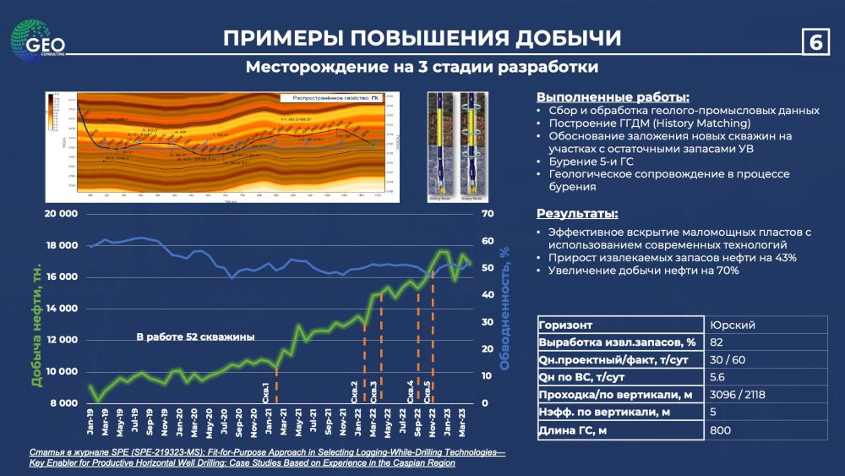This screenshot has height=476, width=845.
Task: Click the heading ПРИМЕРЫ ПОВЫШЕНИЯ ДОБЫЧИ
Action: (x=422, y=38)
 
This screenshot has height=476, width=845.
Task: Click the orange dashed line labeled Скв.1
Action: (x=277, y=385)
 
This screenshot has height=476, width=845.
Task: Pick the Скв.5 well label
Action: (x=428, y=391)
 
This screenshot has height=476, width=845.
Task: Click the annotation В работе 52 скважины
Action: (x=195, y=336)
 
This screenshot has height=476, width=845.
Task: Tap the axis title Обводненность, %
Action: (x=504, y=309)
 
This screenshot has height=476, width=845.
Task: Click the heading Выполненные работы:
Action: (x=601, y=96)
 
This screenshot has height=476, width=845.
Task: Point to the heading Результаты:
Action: (x=577, y=213)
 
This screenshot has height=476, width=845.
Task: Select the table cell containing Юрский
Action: (x=732, y=325)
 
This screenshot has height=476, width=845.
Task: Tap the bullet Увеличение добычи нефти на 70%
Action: (x=643, y=271)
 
